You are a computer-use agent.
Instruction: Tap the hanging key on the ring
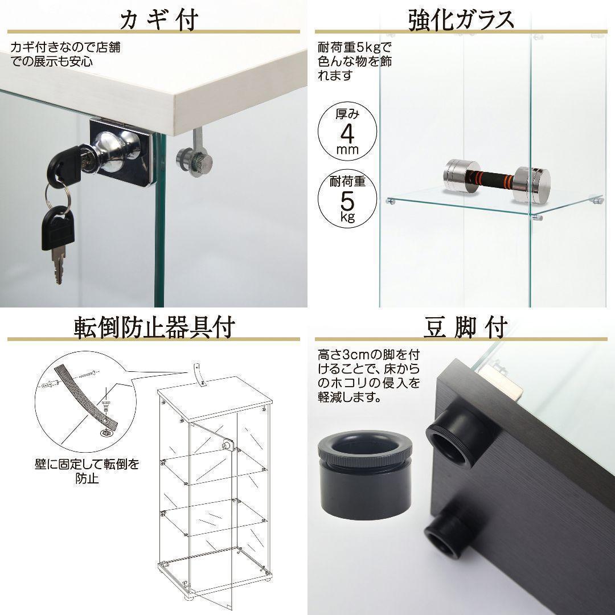point(56,239)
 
